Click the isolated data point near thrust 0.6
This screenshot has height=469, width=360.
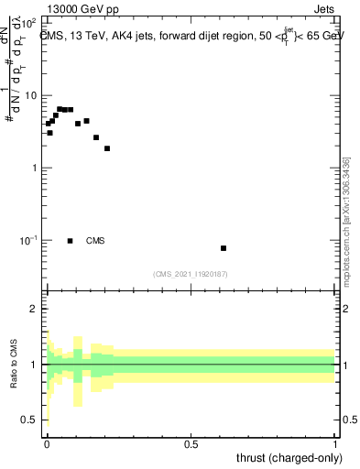(224, 248)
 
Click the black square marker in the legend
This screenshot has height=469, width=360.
(71, 241)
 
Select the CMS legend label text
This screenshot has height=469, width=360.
(95, 241)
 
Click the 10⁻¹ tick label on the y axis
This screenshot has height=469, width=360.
(28, 240)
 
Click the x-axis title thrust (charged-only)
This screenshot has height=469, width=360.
(289, 458)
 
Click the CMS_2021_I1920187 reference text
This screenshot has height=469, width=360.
(191, 274)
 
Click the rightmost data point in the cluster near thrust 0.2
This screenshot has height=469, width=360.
(107, 148)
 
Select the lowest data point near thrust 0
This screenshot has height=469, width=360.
(49, 133)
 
